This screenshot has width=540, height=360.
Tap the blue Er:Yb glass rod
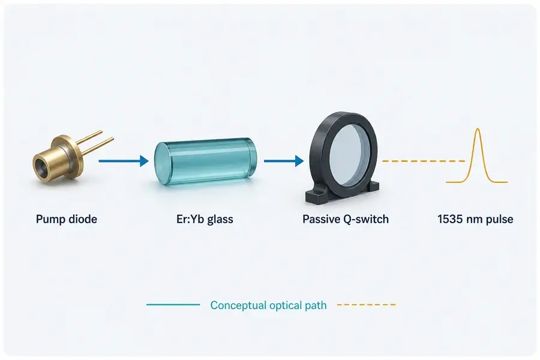206,163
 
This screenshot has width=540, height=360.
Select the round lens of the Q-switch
350,154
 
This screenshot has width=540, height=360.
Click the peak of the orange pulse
478,129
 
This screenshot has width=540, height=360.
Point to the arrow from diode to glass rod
124,161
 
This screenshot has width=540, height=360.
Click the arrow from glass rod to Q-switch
284,161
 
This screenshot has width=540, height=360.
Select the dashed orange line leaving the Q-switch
424,161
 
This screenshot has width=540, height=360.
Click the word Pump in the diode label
50,220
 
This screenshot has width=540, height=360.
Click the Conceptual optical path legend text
268,305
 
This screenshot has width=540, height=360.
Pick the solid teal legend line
173,305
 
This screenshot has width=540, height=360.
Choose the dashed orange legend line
367,305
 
